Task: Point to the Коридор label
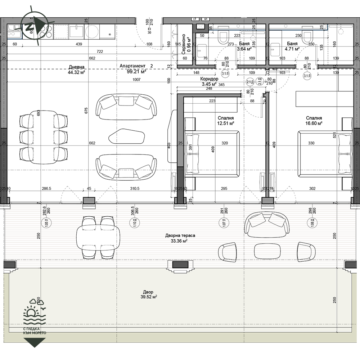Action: click(x=209, y=79)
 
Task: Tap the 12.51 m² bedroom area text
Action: click(x=226, y=123)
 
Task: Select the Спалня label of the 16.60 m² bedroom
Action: click(x=314, y=118)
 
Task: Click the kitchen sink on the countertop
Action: click(x=76, y=31)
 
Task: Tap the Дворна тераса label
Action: click(x=180, y=235)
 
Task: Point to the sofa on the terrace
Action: click(x=267, y=224)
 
